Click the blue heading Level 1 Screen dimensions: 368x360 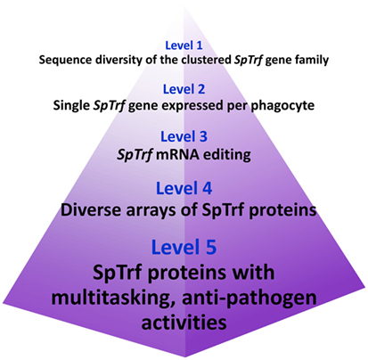tap(184, 45)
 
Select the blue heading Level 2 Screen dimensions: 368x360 tap(184, 89)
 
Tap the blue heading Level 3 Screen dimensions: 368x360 tap(184, 136)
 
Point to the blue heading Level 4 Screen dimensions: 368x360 tap(184, 188)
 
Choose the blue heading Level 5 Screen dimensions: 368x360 tap(184, 247)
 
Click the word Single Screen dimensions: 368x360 tap(71, 106)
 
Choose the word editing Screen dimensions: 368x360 tap(227, 155)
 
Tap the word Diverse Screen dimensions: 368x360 tap(84, 210)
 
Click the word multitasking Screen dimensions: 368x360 tap(113, 299)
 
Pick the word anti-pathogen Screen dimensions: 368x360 tap(249, 299)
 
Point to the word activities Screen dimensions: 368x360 tap(184, 322)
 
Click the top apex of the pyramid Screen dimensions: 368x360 tap(184, 1)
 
